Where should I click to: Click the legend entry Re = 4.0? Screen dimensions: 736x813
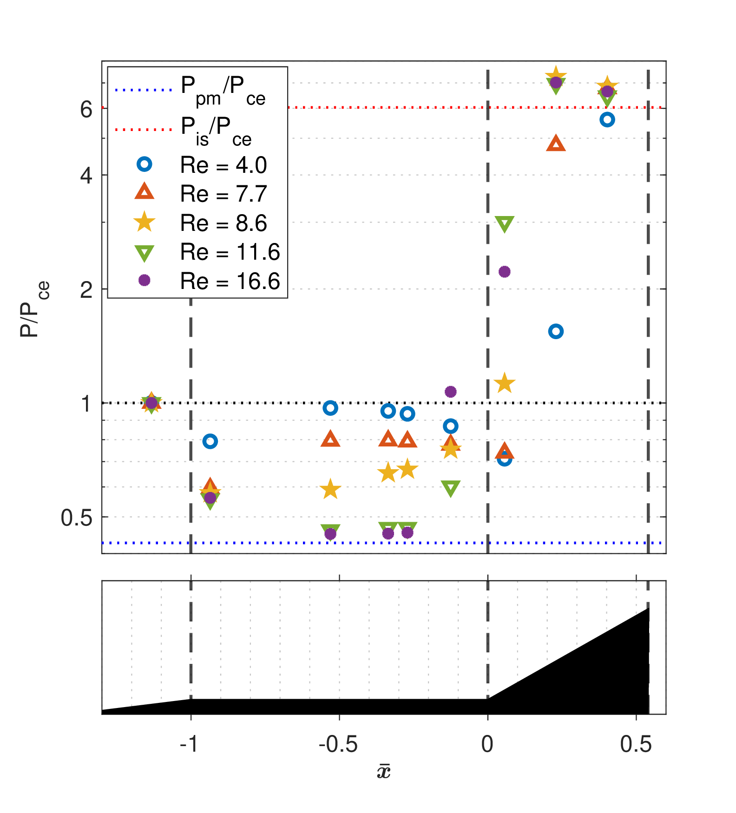(x=223, y=165)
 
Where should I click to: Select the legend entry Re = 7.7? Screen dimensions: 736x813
(x=223, y=194)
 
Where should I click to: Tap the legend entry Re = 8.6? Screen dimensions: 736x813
(x=223, y=223)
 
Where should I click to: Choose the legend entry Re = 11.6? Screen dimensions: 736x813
(x=230, y=252)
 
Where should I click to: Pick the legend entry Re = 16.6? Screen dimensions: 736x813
(x=230, y=281)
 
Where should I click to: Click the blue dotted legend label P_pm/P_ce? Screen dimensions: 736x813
(x=223, y=90)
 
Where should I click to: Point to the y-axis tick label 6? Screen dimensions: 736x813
(x=86, y=110)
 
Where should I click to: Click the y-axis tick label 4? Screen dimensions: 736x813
(x=86, y=176)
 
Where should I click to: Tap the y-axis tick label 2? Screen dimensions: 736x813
(x=86, y=290)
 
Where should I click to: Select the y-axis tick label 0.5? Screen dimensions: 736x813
(x=77, y=518)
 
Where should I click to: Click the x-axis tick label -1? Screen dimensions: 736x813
(x=189, y=744)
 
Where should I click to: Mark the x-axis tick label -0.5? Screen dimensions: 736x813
(x=338, y=744)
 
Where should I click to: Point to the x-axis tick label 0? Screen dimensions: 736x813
(x=487, y=744)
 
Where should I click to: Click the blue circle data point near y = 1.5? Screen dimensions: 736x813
(x=556, y=331)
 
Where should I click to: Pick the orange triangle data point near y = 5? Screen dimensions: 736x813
(x=556, y=144)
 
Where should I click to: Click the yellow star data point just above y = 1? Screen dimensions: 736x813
(x=505, y=384)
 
